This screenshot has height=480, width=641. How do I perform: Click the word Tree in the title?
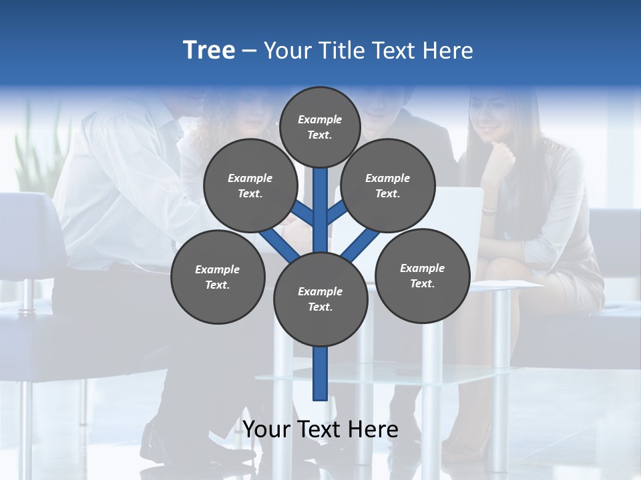[209, 50]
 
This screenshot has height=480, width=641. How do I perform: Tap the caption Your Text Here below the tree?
[320, 429]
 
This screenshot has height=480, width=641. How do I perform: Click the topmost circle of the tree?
[320, 127]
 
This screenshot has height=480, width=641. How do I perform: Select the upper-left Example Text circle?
[250, 186]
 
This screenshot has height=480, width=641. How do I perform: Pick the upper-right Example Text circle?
[388, 186]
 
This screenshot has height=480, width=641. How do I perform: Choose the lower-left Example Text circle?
[218, 277]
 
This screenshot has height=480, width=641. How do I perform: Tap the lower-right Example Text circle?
[423, 275]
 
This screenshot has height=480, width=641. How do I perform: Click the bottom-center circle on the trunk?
[320, 299]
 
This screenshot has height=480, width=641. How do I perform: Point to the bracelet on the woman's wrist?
[489, 210]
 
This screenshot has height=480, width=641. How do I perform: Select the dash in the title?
[250, 51]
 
